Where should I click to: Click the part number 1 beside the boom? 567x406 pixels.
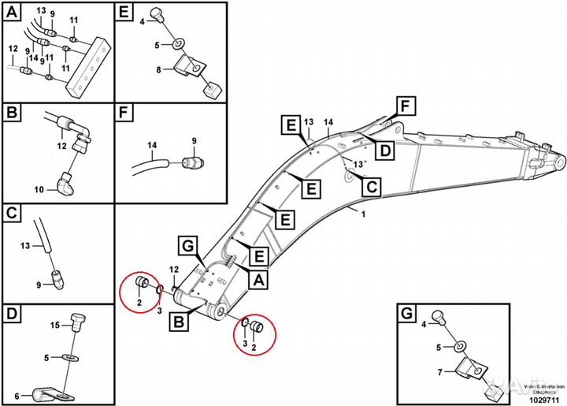[x=363, y=214]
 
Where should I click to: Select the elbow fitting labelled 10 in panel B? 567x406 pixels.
[x=66, y=186]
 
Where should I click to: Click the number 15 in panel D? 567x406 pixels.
[x=54, y=325]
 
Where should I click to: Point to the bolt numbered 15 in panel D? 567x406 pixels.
[x=77, y=322]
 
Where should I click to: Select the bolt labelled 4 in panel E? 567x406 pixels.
[x=157, y=14]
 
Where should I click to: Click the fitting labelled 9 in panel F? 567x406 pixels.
[x=191, y=163]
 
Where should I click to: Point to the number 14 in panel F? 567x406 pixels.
[x=152, y=146]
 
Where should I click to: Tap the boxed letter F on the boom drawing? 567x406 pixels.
[x=406, y=106]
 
